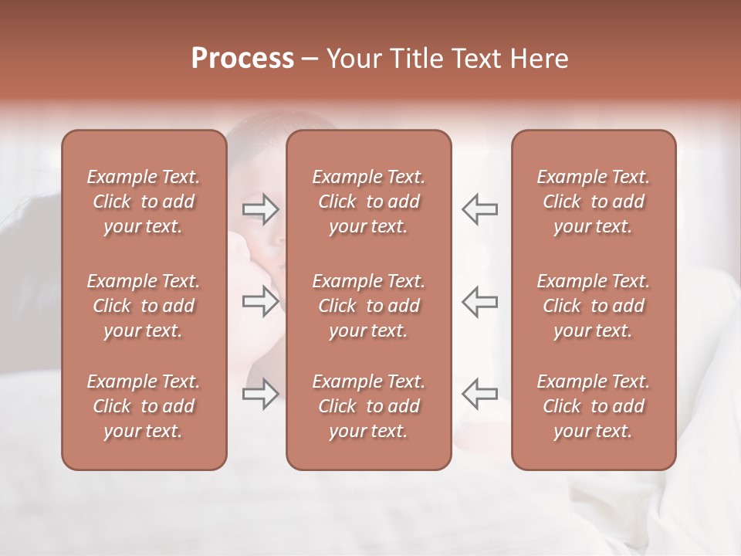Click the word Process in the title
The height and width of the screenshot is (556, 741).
click(x=242, y=58)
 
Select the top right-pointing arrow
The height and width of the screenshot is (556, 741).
click(x=261, y=209)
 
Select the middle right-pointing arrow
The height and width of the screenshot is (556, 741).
click(x=261, y=302)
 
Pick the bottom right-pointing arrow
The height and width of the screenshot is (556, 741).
click(x=261, y=394)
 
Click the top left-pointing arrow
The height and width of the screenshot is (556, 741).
click(x=479, y=209)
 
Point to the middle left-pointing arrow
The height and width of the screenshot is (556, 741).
click(x=479, y=302)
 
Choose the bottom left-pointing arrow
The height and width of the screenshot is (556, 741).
click(x=479, y=394)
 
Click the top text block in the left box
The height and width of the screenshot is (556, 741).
click(x=144, y=202)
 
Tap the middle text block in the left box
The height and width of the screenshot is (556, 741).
click(x=144, y=306)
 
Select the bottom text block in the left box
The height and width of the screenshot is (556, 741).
click(x=144, y=406)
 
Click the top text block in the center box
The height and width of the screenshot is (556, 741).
click(x=368, y=202)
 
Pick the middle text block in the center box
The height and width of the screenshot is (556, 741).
click(x=368, y=306)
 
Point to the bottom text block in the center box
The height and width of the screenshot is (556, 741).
click(x=368, y=406)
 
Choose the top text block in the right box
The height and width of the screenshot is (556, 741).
click(x=593, y=202)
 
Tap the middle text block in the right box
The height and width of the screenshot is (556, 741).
click(x=593, y=306)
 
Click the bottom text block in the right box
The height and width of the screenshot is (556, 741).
click(x=593, y=406)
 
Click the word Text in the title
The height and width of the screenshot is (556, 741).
click(x=475, y=58)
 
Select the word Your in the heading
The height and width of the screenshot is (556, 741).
click(x=354, y=58)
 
